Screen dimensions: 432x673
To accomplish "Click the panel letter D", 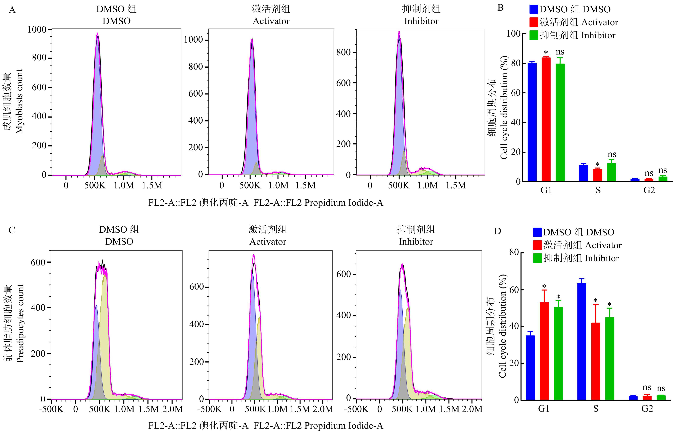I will pyautogui.click(x=497, y=231).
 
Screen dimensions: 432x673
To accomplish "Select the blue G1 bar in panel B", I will pyautogui.click(x=532, y=122).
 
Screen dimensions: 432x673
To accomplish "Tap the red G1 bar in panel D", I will pyautogui.click(x=544, y=351).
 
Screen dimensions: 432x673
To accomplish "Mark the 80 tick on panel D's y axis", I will pyautogui.click(x=514, y=252).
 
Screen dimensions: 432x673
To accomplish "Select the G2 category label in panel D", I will pyautogui.click(x=647, y=409).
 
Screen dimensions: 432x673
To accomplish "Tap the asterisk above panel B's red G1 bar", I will pyautogui.click(x=546, y=52).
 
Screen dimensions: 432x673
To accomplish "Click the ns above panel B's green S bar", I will pyautogui.click(x=612, y=154).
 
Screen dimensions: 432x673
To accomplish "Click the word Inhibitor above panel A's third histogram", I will pyautogui.click(x=421, y=21).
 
